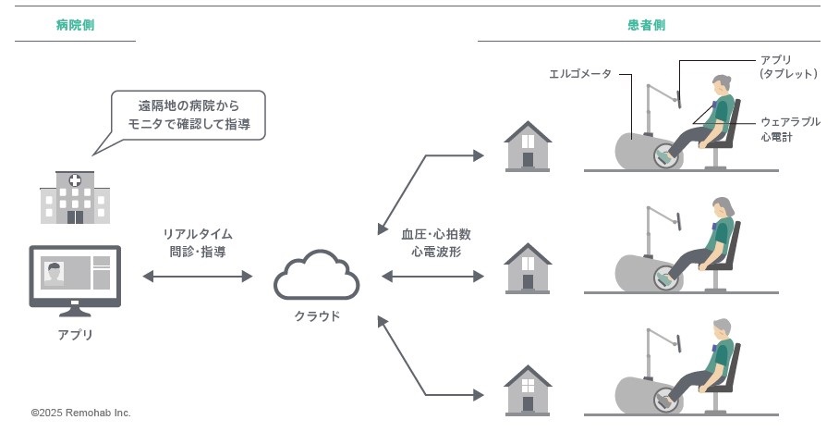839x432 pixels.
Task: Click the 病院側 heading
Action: tap(75, 26)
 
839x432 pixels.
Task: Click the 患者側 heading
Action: tap(646, 26)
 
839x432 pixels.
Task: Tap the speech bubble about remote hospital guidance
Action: tap(188, 114)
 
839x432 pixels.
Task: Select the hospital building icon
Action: tap(75, 197)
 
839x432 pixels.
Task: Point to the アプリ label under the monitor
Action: tap(75, 335)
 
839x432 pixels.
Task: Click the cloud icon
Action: tap(316, 276)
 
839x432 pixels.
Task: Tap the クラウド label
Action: tap(317, 316)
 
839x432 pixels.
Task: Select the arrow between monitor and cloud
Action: tap(198, 276)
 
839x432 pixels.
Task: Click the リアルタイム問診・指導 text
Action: tap(197, 242)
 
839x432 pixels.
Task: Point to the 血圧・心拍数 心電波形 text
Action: tap(435, 242)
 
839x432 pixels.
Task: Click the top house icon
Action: tap(528, 145)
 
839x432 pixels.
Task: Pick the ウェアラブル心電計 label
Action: tap(790, 129)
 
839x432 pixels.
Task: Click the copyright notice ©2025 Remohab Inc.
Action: tap(81, 413)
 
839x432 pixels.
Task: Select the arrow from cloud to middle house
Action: tap(432, 277)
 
